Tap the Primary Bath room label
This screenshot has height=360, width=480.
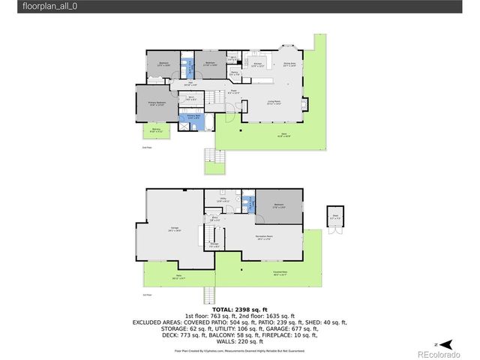193,117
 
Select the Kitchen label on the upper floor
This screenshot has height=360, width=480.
257,64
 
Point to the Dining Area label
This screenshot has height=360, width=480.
289,64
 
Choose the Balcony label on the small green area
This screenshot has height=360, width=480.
156,130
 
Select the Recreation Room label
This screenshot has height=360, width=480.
262,239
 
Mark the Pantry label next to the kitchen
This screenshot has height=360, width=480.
234,73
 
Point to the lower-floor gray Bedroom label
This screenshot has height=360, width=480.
278,205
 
